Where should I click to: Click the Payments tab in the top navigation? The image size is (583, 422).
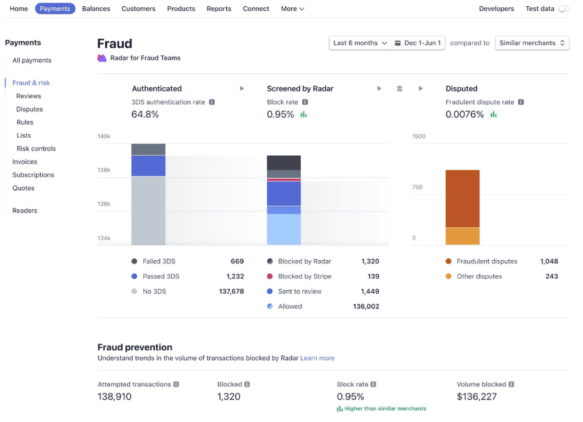click(55, 9)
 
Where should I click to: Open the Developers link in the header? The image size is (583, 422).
click(496, 9)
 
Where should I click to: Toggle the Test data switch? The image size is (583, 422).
click(563, 9)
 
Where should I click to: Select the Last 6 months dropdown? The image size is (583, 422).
click(360, 43)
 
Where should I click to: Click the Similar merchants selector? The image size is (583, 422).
click(532, 43)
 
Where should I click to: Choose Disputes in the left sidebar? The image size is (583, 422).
click(29, 109)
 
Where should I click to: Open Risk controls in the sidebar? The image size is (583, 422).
click(36, 149)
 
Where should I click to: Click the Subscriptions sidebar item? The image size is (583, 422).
click(33, 175)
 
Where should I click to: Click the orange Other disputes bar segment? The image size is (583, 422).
click(462, 236)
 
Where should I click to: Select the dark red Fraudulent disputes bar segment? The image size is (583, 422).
click(462, 198)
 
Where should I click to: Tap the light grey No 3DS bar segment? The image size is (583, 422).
click(148, 210)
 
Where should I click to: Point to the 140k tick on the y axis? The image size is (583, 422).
click(103, 136)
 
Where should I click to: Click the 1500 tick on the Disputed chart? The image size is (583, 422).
click(419, 136)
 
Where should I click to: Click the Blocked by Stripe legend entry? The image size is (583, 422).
click(305, 276)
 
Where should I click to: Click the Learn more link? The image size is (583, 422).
click(317, 359)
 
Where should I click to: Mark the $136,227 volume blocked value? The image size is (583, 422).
click(476, 396)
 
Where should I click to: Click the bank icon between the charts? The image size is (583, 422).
click(400, 88)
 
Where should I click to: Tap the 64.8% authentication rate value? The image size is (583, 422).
click(145, 115)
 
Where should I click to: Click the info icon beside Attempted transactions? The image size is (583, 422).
click(176, 385)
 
